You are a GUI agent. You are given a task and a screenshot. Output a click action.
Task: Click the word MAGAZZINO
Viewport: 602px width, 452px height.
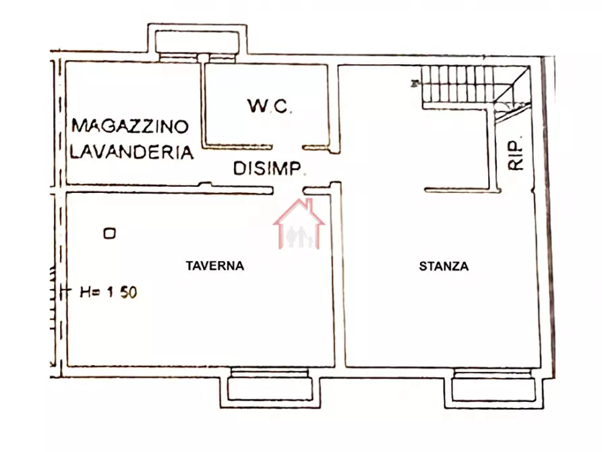click(131, 125)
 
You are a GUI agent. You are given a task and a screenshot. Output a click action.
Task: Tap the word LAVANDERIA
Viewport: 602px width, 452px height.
click(132, 152)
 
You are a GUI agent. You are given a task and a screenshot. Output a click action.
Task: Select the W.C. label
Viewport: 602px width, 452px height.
click(269, 106)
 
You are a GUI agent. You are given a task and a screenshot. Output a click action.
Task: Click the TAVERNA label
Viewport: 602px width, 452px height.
click(214, 266)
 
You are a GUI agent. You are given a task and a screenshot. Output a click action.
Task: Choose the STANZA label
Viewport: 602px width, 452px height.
click(444, 266)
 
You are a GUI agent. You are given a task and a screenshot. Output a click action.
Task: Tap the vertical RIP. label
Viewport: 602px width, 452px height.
click(516, 156)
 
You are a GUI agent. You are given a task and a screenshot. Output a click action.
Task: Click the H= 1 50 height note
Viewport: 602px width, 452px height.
click(109, 292)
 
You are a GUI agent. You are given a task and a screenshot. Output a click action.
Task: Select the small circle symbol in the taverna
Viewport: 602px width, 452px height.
click(109, 233)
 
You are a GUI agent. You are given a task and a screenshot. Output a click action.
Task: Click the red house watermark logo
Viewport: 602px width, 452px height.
click(299, 225)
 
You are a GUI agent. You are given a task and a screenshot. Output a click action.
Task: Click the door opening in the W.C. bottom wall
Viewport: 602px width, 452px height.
click(288, 147)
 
